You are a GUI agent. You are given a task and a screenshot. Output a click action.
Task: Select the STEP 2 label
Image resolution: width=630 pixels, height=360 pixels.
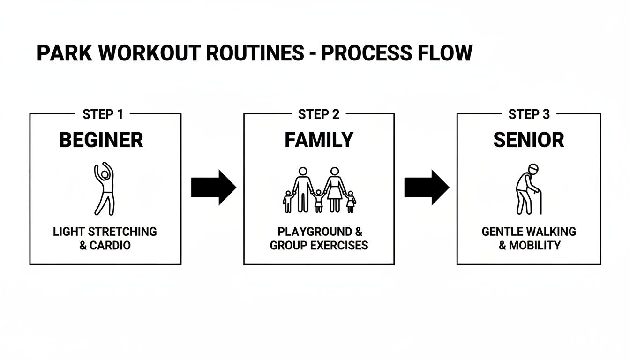[319, 114]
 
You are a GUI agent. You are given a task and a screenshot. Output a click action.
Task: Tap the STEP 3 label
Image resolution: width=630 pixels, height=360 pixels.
[529, 114]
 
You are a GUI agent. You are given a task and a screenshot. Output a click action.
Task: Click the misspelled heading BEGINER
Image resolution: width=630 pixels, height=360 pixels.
[101, 140]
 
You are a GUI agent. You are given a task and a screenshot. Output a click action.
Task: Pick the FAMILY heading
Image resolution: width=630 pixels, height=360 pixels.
[319, 140]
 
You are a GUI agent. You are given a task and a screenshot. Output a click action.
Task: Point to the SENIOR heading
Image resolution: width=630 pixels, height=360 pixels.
[529, 140]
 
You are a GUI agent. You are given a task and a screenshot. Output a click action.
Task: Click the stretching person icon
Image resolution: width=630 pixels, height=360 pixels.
[104, 189]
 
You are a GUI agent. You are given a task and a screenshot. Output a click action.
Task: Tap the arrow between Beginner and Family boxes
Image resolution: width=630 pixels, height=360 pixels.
[213, 187]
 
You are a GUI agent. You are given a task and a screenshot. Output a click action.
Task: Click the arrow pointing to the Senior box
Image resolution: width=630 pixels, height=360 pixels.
[426, 187]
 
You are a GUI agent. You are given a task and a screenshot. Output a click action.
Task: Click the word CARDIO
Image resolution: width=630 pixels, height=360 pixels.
[111, 245]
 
